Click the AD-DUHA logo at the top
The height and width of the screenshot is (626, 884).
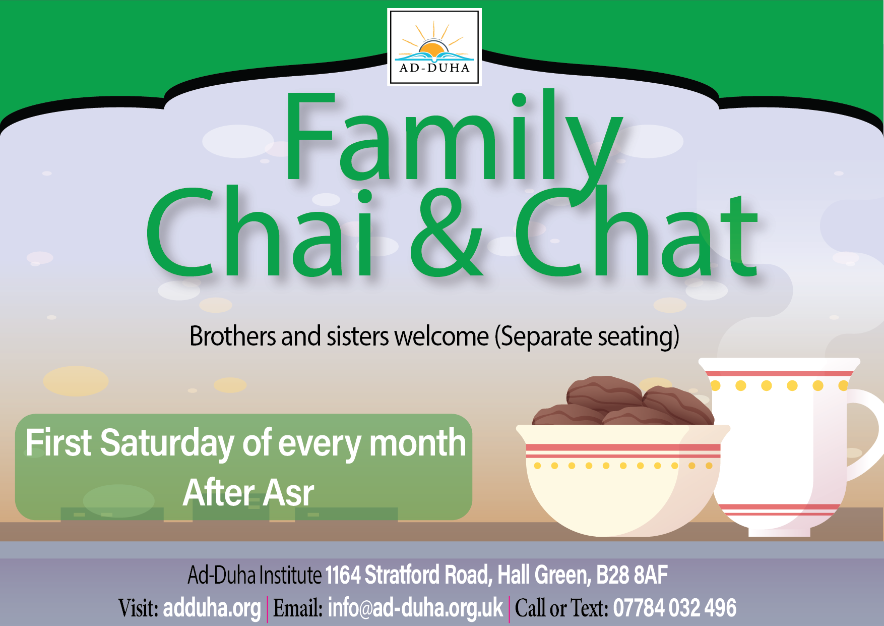pyautogui.click(x=434, y=47)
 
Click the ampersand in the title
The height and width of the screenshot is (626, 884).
pyautogui.click(x=447, y=233)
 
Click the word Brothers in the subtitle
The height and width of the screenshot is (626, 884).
pyautogui.click(x=233, y=336)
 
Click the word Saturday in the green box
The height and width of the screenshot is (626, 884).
pyautogui.click(x=167, y=443)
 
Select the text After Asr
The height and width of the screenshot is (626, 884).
pyautogui.click(x=248, y=492)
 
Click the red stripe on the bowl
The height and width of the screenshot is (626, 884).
pyautogui.click(x=623, y=447)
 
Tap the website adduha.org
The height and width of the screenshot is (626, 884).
pyautogui.click(x=212, y=608)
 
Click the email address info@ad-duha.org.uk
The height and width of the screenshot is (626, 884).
pyautogui.click(x=415, y=608)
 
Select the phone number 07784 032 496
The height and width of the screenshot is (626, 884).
pyautogui.click(x=675, y=608)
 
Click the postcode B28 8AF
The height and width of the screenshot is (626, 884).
pyautogui.click(x=632, y=575)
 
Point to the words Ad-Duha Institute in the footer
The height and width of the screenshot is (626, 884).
pyautogui.click(x=255, y=575)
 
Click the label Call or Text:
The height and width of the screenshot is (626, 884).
pyautogui.click(x=561, y=608)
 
